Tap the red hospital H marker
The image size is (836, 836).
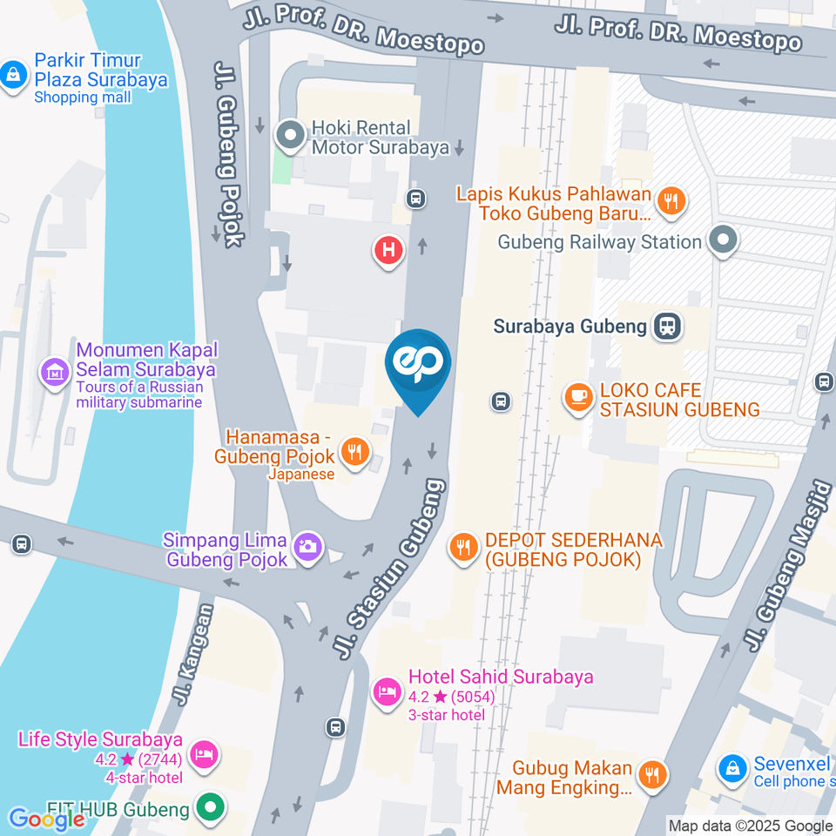[388, 251]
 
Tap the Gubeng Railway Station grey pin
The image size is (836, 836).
[722, 241]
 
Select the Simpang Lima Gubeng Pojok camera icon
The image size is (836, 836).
[307, 548]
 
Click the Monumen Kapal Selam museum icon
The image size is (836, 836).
[55, 374]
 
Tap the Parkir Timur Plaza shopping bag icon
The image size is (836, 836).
[14, 76]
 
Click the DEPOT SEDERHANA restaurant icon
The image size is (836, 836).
[463, 548]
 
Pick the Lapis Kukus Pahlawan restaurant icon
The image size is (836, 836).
[671, 202]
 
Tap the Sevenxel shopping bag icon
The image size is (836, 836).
[733, 769]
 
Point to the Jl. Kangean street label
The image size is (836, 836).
[192, 655]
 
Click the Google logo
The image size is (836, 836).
[47, 819]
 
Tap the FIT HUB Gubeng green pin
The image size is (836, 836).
[209, 809]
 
